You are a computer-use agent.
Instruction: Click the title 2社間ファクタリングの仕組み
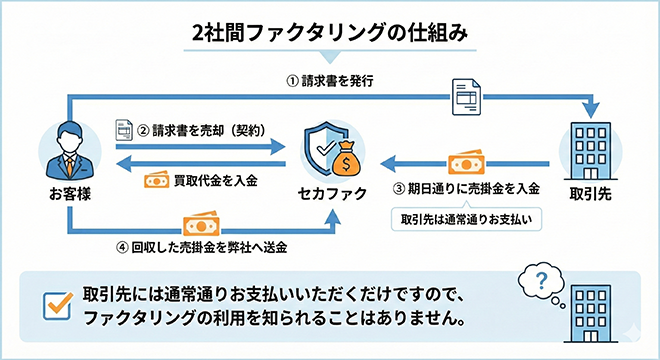tap(330, 32)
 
